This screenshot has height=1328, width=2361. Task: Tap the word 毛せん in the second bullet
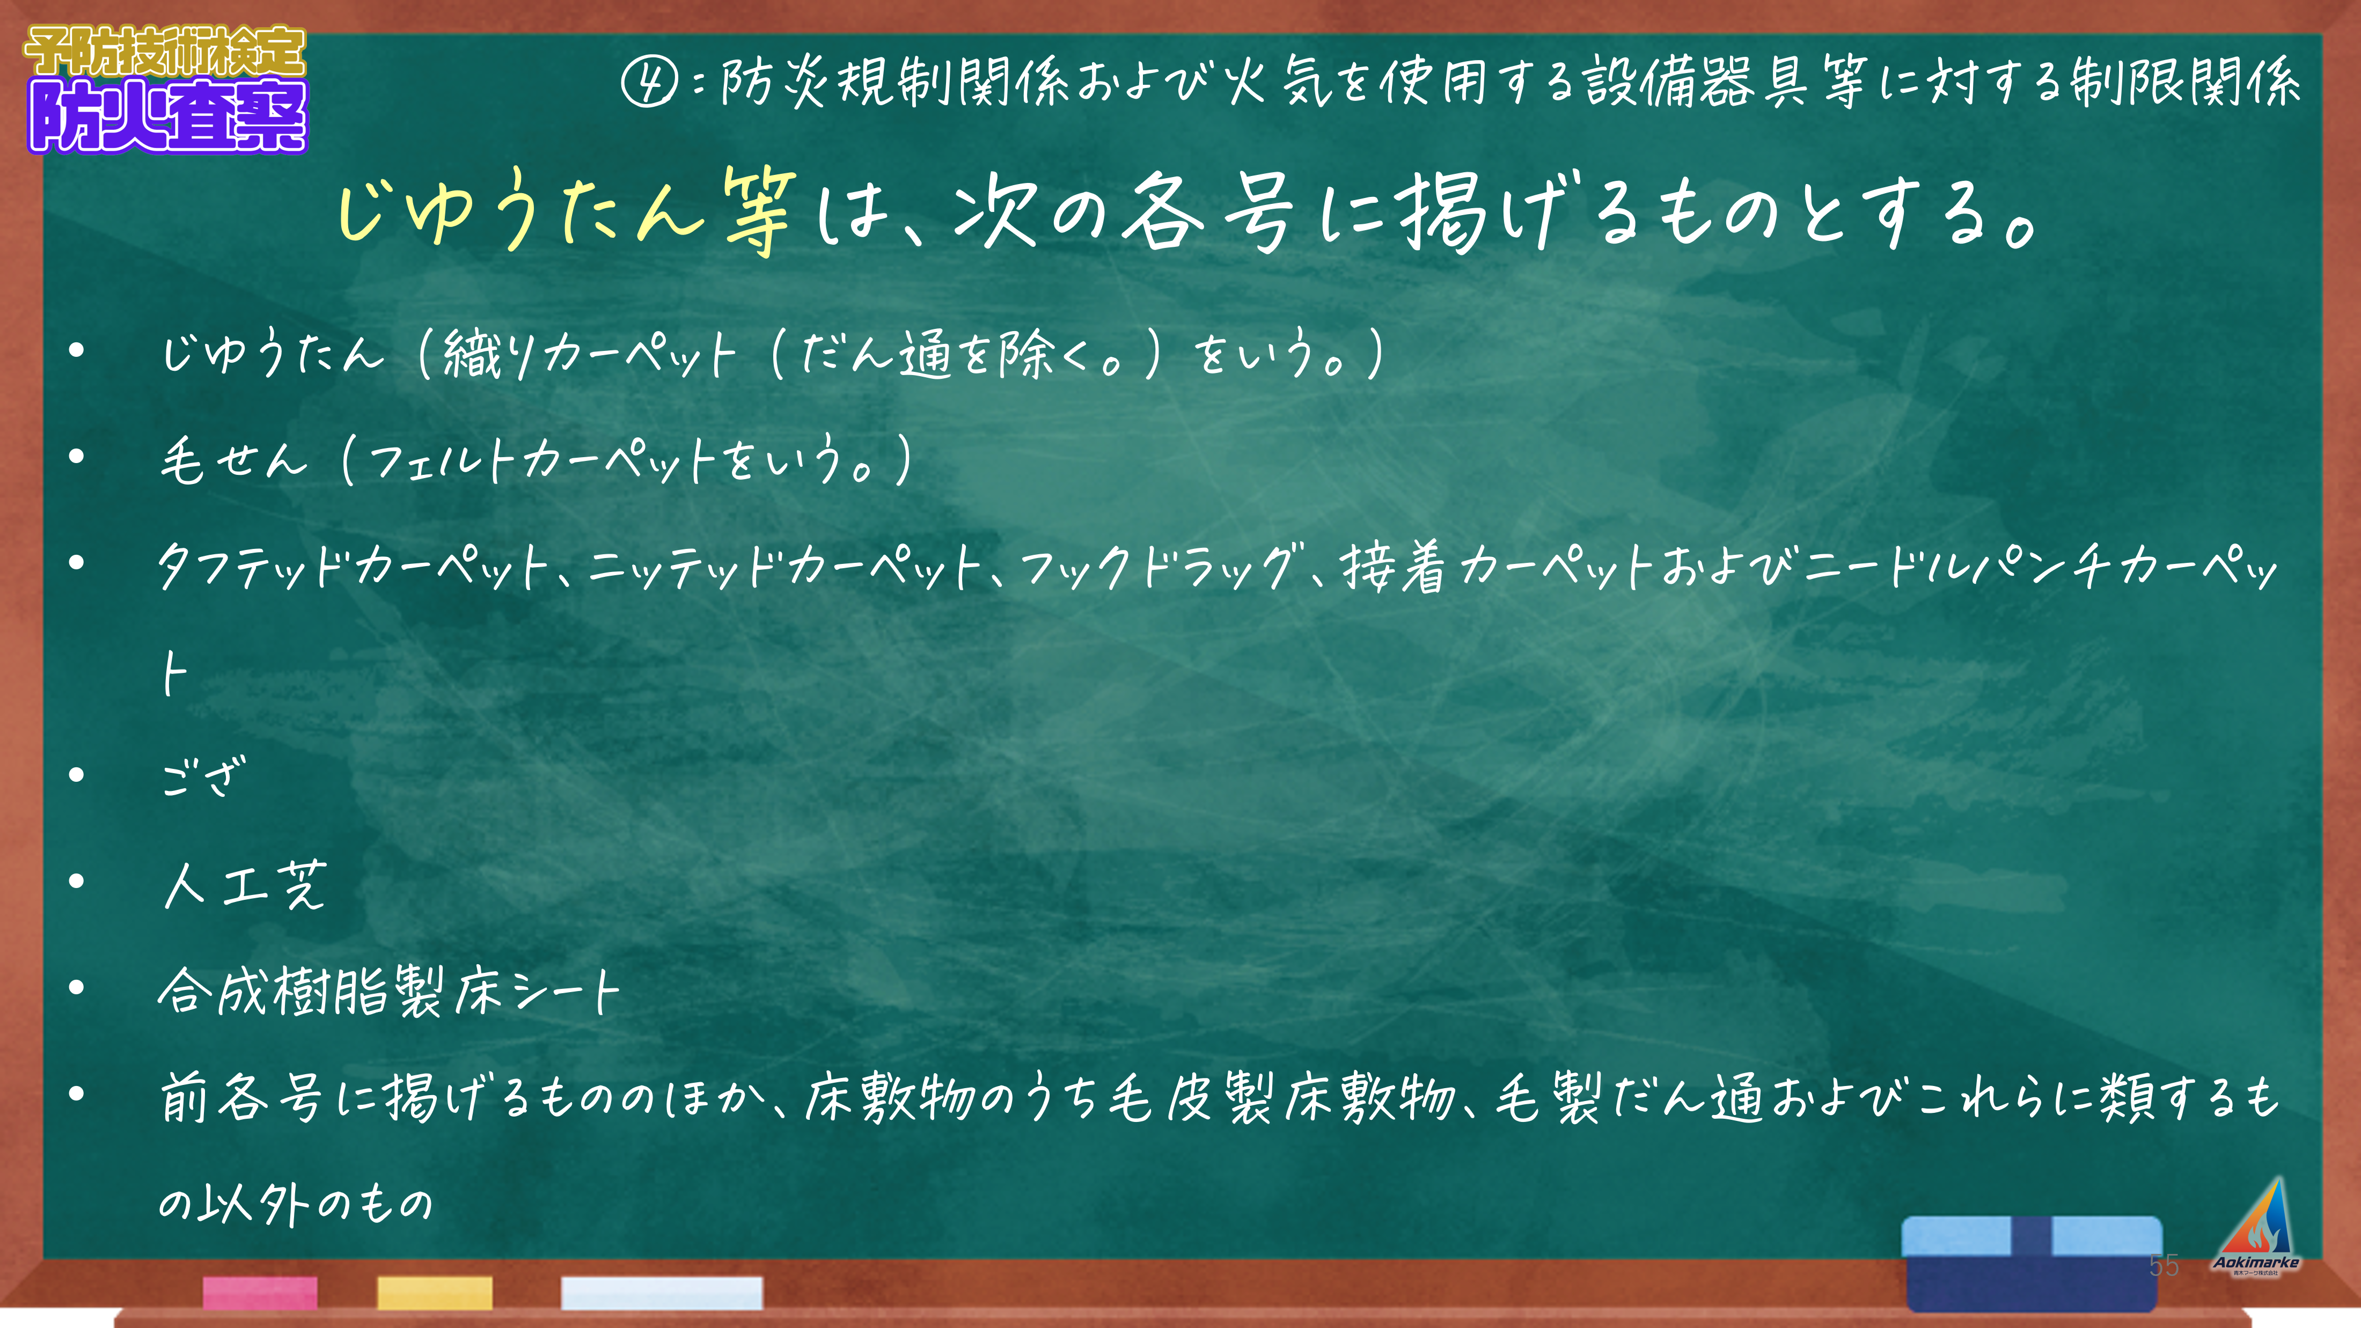[234, 458]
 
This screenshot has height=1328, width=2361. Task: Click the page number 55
[2164, 1266]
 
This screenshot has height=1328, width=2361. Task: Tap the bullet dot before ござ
[77, 775]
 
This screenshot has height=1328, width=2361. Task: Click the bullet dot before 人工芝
[77, 882]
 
